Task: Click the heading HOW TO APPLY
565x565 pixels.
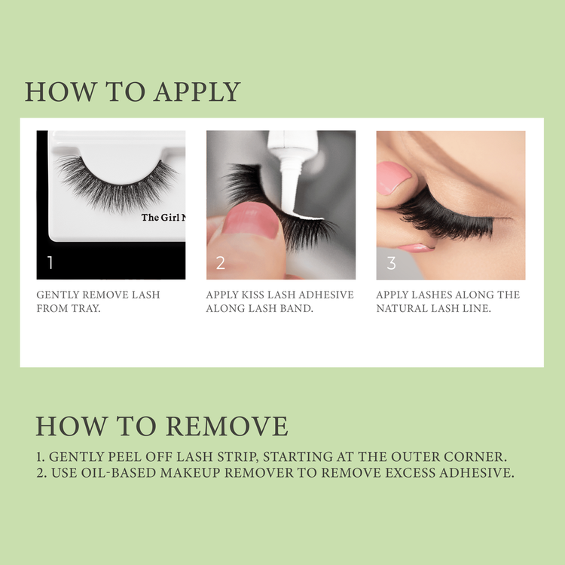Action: (133, 92)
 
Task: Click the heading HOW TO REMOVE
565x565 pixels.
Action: (161, 426)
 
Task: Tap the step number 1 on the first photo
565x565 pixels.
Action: (50, 263)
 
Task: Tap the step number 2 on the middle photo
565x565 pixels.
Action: (221, 263)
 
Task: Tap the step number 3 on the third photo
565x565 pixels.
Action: (391, 263)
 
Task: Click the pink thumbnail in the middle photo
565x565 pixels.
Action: (248, 222)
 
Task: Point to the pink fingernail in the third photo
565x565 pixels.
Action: (393, 179)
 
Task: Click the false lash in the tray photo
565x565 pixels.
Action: (117, 181)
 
